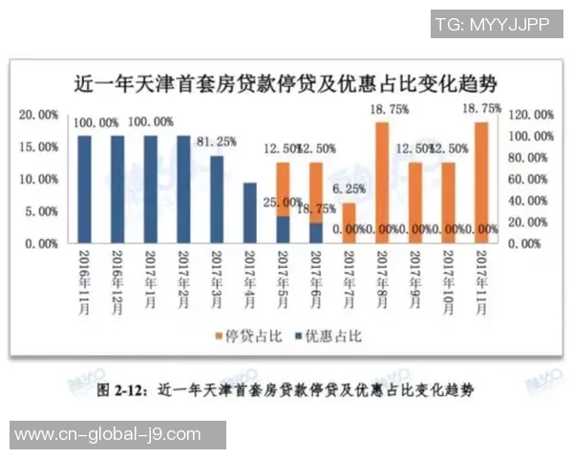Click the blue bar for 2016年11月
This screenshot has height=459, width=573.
[x=84, y=189]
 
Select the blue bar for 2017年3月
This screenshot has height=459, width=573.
[x=217, y=199]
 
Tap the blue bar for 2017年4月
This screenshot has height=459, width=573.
[x=250, y=212]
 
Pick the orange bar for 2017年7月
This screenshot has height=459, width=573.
[x=350, y=223]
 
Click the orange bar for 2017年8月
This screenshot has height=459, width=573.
[x=382, y=182]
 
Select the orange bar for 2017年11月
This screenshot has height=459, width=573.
[x=481, y=182]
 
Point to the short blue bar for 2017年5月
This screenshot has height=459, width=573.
[x=283, y=229]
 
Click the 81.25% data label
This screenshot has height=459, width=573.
[x=218, y=141]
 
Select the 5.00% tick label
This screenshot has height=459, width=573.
[x=41, y=211]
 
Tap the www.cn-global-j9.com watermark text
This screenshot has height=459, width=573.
[x=108, y=434]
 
